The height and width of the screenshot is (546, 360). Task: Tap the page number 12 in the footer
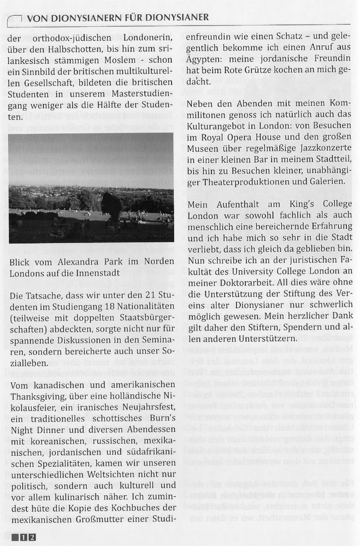tap(28, 537)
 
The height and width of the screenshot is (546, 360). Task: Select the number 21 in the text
tap(141, 295)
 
